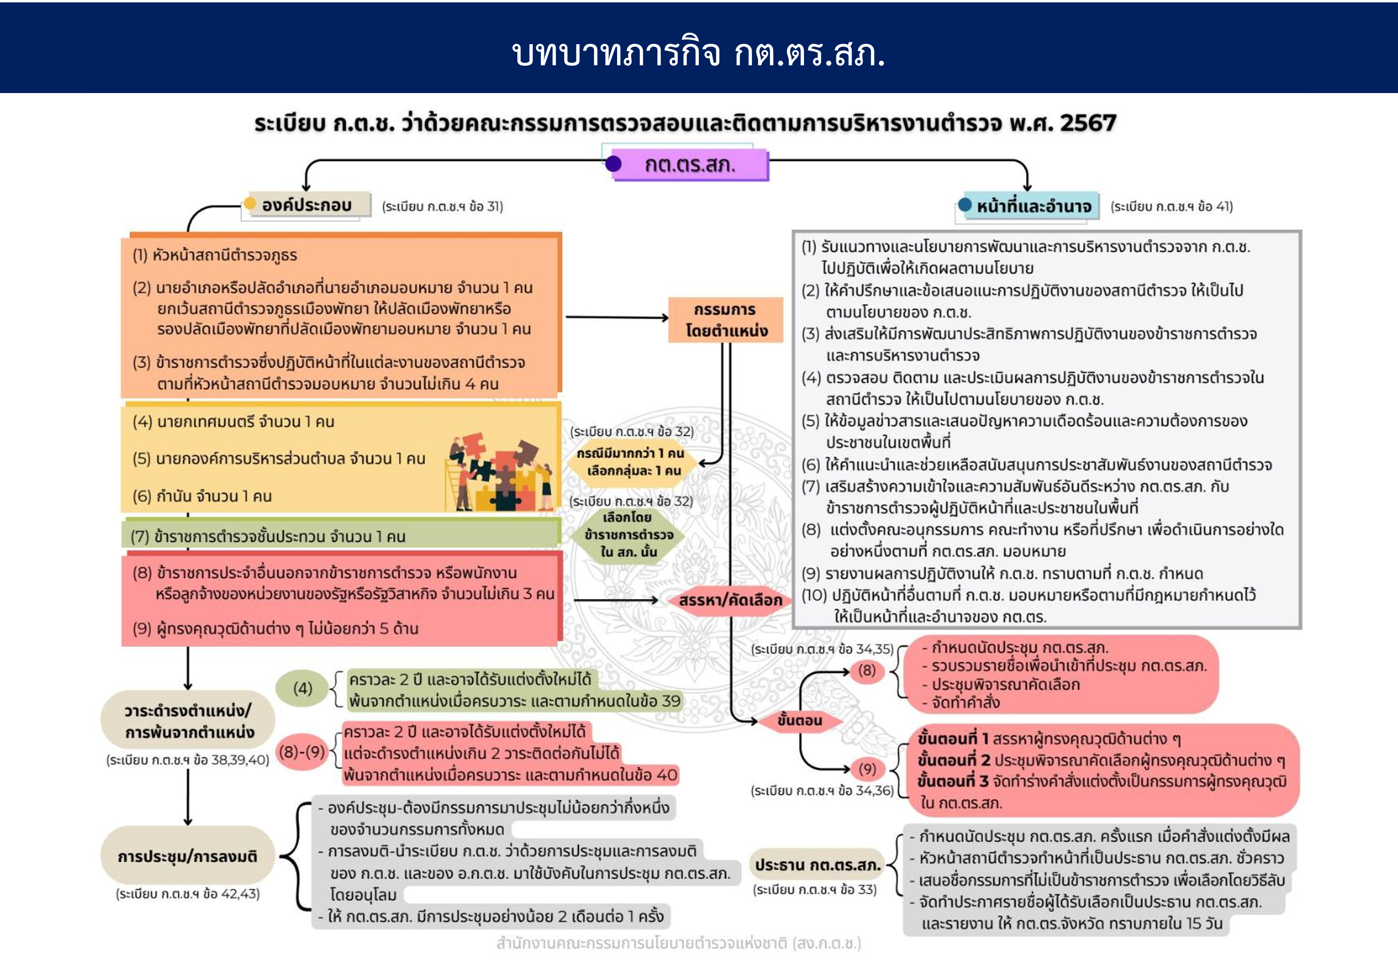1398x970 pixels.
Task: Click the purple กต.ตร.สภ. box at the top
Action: tap(690, 165)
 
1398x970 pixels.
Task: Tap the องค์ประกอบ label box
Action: tap(307, 205)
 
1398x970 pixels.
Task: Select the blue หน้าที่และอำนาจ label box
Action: tap(1033, 207)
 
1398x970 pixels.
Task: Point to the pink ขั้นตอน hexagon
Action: tap(799, 721)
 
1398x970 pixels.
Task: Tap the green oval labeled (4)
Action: tap(302, 689)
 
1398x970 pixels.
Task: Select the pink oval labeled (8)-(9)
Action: tap(302, 752)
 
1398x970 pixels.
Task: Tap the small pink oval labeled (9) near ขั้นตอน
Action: tap(867, 769)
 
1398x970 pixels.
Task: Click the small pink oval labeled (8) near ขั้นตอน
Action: tap(867, 671)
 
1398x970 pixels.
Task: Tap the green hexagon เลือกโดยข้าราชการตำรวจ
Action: tap(628, 535)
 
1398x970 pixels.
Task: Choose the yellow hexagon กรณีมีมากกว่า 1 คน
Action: tap(630, 462)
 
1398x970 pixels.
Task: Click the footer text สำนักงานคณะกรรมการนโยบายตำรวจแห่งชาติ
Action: tap(678, 943)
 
